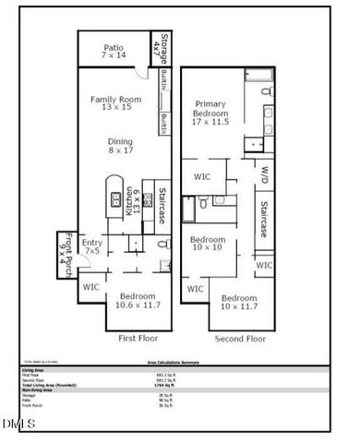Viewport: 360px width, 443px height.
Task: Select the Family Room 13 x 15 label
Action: click(116, 103)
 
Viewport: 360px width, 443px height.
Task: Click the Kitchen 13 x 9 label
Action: click(137, 201)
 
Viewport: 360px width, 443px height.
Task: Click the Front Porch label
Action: click(64, 246)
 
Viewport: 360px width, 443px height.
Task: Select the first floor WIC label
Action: click(90, 288)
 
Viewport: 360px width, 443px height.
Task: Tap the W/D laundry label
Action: click(263, 174)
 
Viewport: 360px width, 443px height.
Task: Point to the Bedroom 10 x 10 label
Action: click(209, 245)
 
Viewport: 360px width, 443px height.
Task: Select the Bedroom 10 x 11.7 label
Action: click(239, 303)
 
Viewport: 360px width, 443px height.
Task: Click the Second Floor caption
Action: click(241, 340)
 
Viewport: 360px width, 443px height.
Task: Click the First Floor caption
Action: click(139, 339)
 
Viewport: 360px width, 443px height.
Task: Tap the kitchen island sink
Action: click(114, 198)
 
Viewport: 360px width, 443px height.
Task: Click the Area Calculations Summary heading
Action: click(179, 363)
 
